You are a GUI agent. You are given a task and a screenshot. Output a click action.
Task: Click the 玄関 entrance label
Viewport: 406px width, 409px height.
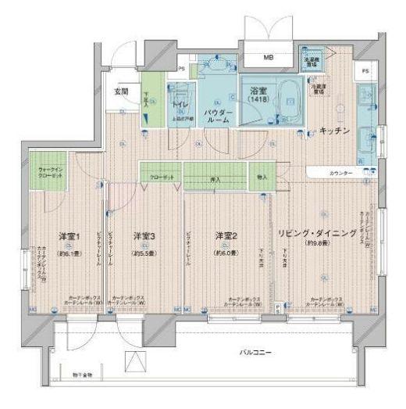(x=122, y=91)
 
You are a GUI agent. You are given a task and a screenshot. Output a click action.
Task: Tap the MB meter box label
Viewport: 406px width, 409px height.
(x=268, y=57)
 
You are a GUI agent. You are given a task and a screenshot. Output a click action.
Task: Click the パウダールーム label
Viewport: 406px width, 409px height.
(x=217, y=117)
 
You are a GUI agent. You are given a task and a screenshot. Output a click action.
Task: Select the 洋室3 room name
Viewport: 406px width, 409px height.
(x=143, y=235)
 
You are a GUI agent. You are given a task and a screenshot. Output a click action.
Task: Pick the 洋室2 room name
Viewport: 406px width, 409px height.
(x=226, y=235)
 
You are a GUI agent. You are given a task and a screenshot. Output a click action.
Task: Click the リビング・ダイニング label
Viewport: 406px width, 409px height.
(x=318, y=234)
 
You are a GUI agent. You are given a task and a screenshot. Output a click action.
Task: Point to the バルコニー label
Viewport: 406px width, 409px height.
(x=255, y=353)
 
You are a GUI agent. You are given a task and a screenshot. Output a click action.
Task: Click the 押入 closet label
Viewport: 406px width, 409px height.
(x=223, y=178)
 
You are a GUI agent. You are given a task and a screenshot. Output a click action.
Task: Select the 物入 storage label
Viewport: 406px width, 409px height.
(x=262, y=178)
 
